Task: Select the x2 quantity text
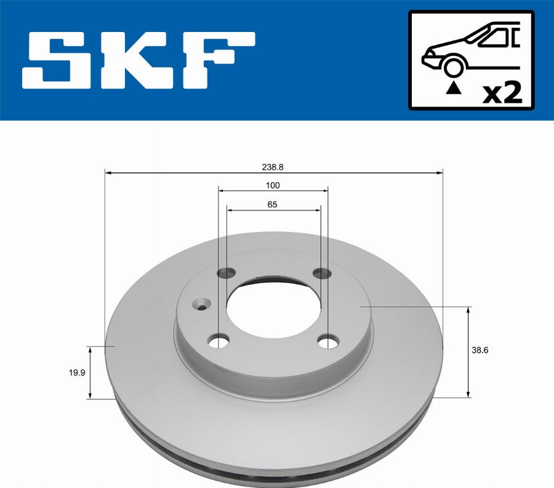[x=502, y=93]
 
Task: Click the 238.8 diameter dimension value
[x=273, y=167]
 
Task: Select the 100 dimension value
[x=273, y=185]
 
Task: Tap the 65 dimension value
[x=273, y=205]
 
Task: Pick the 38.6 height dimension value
[x=480, y=350]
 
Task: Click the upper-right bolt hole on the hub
[x=321, y=273]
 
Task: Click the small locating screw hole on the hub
[x=201, y=303]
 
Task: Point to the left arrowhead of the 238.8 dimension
[x=108, y=174]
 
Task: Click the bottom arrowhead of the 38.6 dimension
[x=468, y=393]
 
